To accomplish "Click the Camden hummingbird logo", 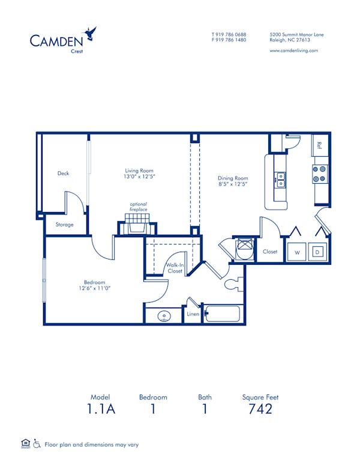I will [x=91, y=33].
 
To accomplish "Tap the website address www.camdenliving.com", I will [x=293, y=50].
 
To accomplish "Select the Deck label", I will [x=63, y=174].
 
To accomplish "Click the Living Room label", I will [x=139, y=171].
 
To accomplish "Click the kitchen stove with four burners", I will [x=319, y=174].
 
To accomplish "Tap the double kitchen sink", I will [x=280, y=178].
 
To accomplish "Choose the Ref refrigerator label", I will [x=320, y=145].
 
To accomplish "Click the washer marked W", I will [x=296, y=252].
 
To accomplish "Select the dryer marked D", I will [x=319, y=252].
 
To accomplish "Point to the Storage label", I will [x=65, y=225].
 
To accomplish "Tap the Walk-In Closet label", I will [x=175, y=268].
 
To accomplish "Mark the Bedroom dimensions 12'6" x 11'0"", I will [x=94, y=288].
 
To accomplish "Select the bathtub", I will [x=222, y=313].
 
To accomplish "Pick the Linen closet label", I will [x=193, y=314].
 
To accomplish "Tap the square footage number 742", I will [x=260, y=409].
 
